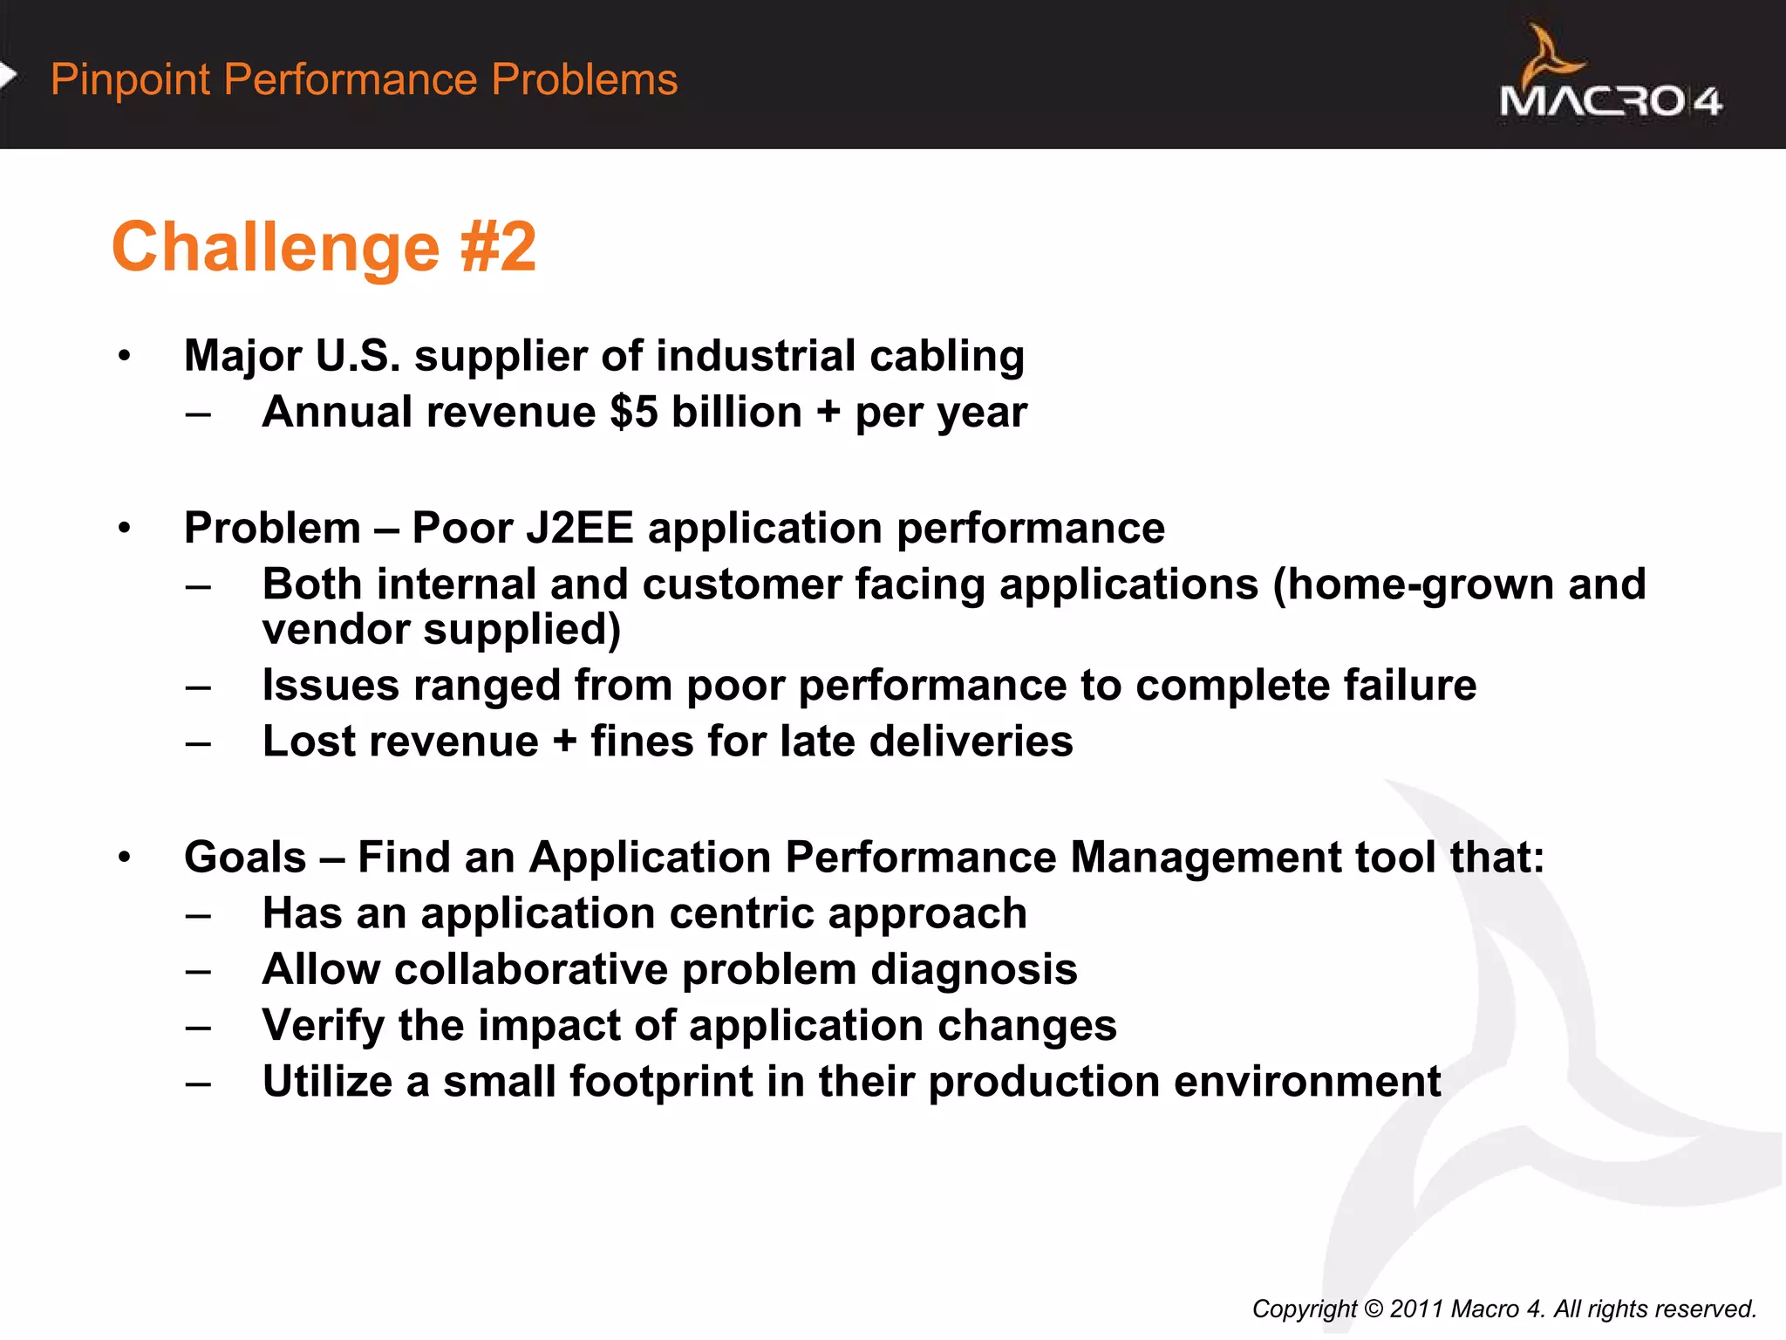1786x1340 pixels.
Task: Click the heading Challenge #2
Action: pyautogui.click(x=324, y=248)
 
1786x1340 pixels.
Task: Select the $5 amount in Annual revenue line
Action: pyautogui.click(x=634, y=412)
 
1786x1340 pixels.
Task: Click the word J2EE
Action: pyautogui.click(x=579, y=529)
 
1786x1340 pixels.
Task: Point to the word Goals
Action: pyautogui.click(x=245, y=858)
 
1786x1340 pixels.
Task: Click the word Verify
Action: pyautogui.click(x=323, y=1026)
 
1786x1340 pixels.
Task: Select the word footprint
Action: pyautogui.click(x=661, y=1082)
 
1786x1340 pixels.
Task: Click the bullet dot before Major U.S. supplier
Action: pyautogui.click(x=125, y=356)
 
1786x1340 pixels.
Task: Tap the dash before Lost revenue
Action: pyautogui.click(x=198, y=743)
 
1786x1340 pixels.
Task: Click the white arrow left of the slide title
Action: pyautogui.click(x=8, y=77)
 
